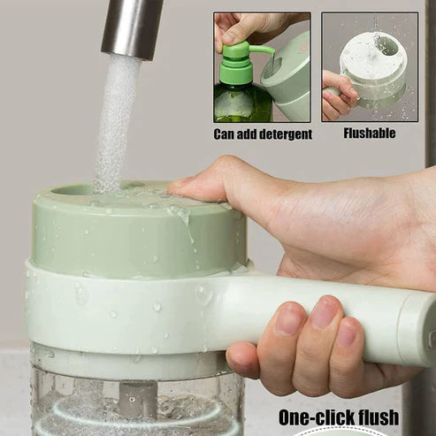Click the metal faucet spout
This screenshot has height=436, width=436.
132,28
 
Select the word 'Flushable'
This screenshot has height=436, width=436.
370,133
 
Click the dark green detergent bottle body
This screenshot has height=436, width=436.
241,103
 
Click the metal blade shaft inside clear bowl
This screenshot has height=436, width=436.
138,398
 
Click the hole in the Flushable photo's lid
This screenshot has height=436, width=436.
386,45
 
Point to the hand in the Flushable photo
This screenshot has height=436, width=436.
339,95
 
